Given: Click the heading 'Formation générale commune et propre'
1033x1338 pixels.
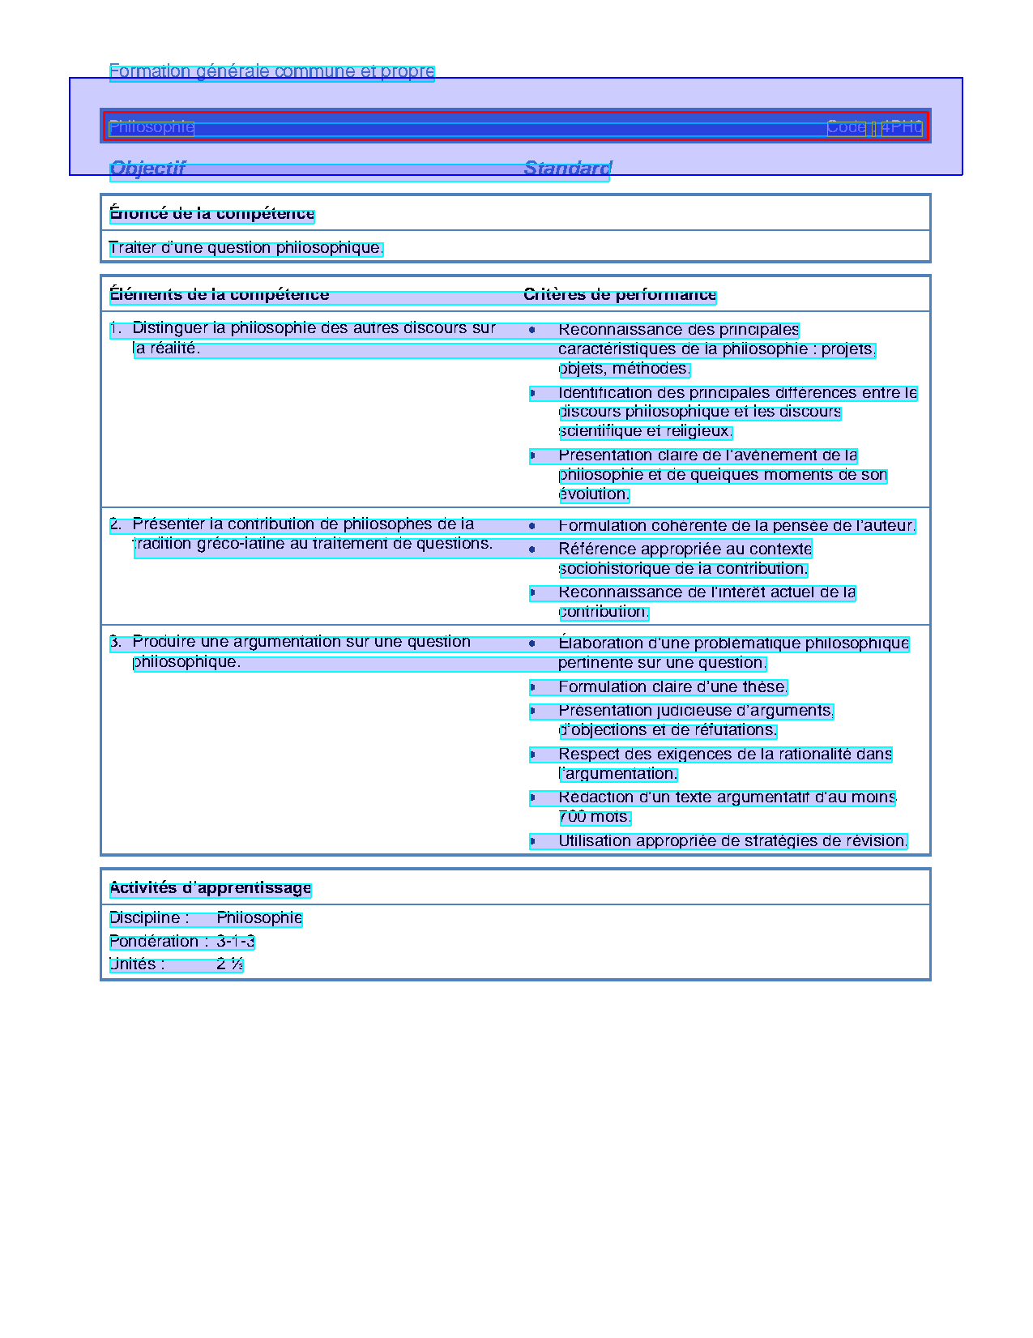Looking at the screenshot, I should point(271,71).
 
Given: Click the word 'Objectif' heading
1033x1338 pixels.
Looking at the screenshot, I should point(147,169).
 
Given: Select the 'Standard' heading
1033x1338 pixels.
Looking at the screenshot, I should point(567,169).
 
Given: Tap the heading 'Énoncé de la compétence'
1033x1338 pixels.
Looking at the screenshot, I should point(211,214).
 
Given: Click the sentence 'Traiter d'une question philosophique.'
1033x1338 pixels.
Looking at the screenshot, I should point(245,248).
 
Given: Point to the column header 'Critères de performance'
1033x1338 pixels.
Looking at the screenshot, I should point(620,295).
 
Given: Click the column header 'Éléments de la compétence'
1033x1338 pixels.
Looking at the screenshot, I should point(219,295).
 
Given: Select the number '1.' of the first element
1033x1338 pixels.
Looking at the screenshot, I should point(116,328).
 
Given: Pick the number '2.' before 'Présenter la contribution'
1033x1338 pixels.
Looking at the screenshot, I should point(116,524).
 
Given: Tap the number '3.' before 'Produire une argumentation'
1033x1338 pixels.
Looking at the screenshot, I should point(116,642).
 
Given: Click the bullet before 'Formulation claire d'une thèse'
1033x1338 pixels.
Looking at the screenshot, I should point(532,688).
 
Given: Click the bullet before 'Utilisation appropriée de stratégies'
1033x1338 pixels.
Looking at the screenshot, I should point(532,841).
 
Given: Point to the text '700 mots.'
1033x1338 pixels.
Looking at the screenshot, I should point(595,817).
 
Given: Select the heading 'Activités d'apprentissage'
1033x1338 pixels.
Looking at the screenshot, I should point(210,888).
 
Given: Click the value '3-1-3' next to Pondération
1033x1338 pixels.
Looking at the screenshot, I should point(236,942).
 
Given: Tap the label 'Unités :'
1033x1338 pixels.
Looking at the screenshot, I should point(137,964).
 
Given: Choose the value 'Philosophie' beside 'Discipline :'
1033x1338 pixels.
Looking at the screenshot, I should point(259,918).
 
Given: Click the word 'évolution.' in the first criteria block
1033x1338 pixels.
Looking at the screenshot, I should point(594,494).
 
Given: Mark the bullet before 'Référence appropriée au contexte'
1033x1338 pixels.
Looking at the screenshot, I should point(532,549).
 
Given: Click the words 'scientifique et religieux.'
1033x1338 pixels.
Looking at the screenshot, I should point(646,432).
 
